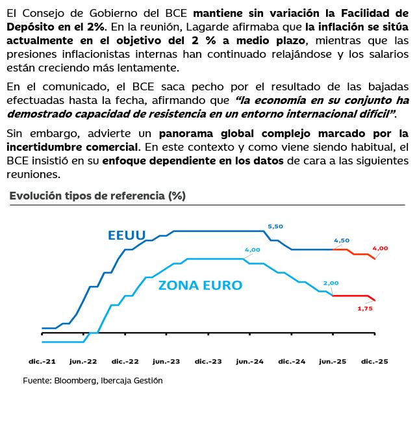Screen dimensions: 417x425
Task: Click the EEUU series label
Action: click(127, 235)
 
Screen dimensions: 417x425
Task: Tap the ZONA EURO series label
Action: click(200, 285)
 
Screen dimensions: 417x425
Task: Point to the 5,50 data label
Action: click(275, 226)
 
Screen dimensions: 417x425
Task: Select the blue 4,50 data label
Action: click(342, 240)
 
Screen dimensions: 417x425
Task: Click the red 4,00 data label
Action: click(380, 248)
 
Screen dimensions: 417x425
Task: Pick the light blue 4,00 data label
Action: click(252, 250)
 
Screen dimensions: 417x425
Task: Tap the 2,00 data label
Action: click(331, 283)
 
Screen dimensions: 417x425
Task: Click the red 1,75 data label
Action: click(365, 309)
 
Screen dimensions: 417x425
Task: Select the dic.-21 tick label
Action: click(42, 361)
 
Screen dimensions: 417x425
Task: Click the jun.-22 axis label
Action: click(83, 361)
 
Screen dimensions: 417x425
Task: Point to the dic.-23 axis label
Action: click(208, 361)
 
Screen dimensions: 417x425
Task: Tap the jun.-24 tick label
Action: click(249, 361)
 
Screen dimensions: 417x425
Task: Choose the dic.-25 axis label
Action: click(375, 361)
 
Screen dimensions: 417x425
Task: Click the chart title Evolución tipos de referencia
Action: click(97, 196)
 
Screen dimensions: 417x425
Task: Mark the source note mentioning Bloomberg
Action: click(93, 381)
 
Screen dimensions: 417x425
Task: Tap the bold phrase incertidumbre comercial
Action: click(73, 147)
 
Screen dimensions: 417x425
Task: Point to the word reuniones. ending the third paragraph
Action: click(33, 175)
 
